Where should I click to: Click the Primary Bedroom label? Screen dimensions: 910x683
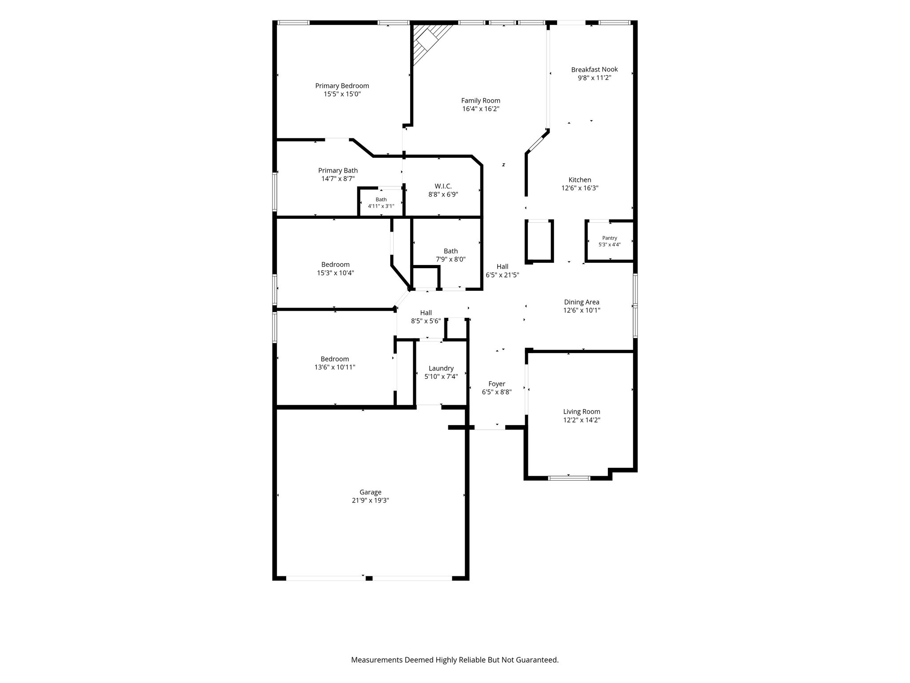click(x=342, y=86)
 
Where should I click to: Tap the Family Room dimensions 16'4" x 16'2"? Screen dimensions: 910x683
click(x=481, y=109)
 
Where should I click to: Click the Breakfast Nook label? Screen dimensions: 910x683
click(x=595, y=69)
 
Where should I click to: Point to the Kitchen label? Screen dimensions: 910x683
click(x=580, y=180)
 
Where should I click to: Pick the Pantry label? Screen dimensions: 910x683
click(x=610, y=238)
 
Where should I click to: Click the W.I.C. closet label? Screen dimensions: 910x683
click(x=443, y=186)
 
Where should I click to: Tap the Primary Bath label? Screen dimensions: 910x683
click(x=338, y=170)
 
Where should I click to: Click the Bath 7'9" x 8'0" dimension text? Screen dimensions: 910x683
click(x=451, y=259)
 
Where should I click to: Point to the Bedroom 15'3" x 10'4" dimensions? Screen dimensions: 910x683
click(x=335, y=273)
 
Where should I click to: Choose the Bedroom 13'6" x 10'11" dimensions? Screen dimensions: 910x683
click(x=335, y=367)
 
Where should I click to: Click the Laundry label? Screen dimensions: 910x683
click(x=441, y=368)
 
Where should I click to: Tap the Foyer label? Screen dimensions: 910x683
click(x=497, y=384)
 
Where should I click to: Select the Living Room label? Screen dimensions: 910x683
click(x=582, y=412)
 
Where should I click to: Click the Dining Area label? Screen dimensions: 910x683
click(x=582, y=302)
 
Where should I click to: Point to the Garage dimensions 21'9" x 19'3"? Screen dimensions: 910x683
click(x=371, y=500)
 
